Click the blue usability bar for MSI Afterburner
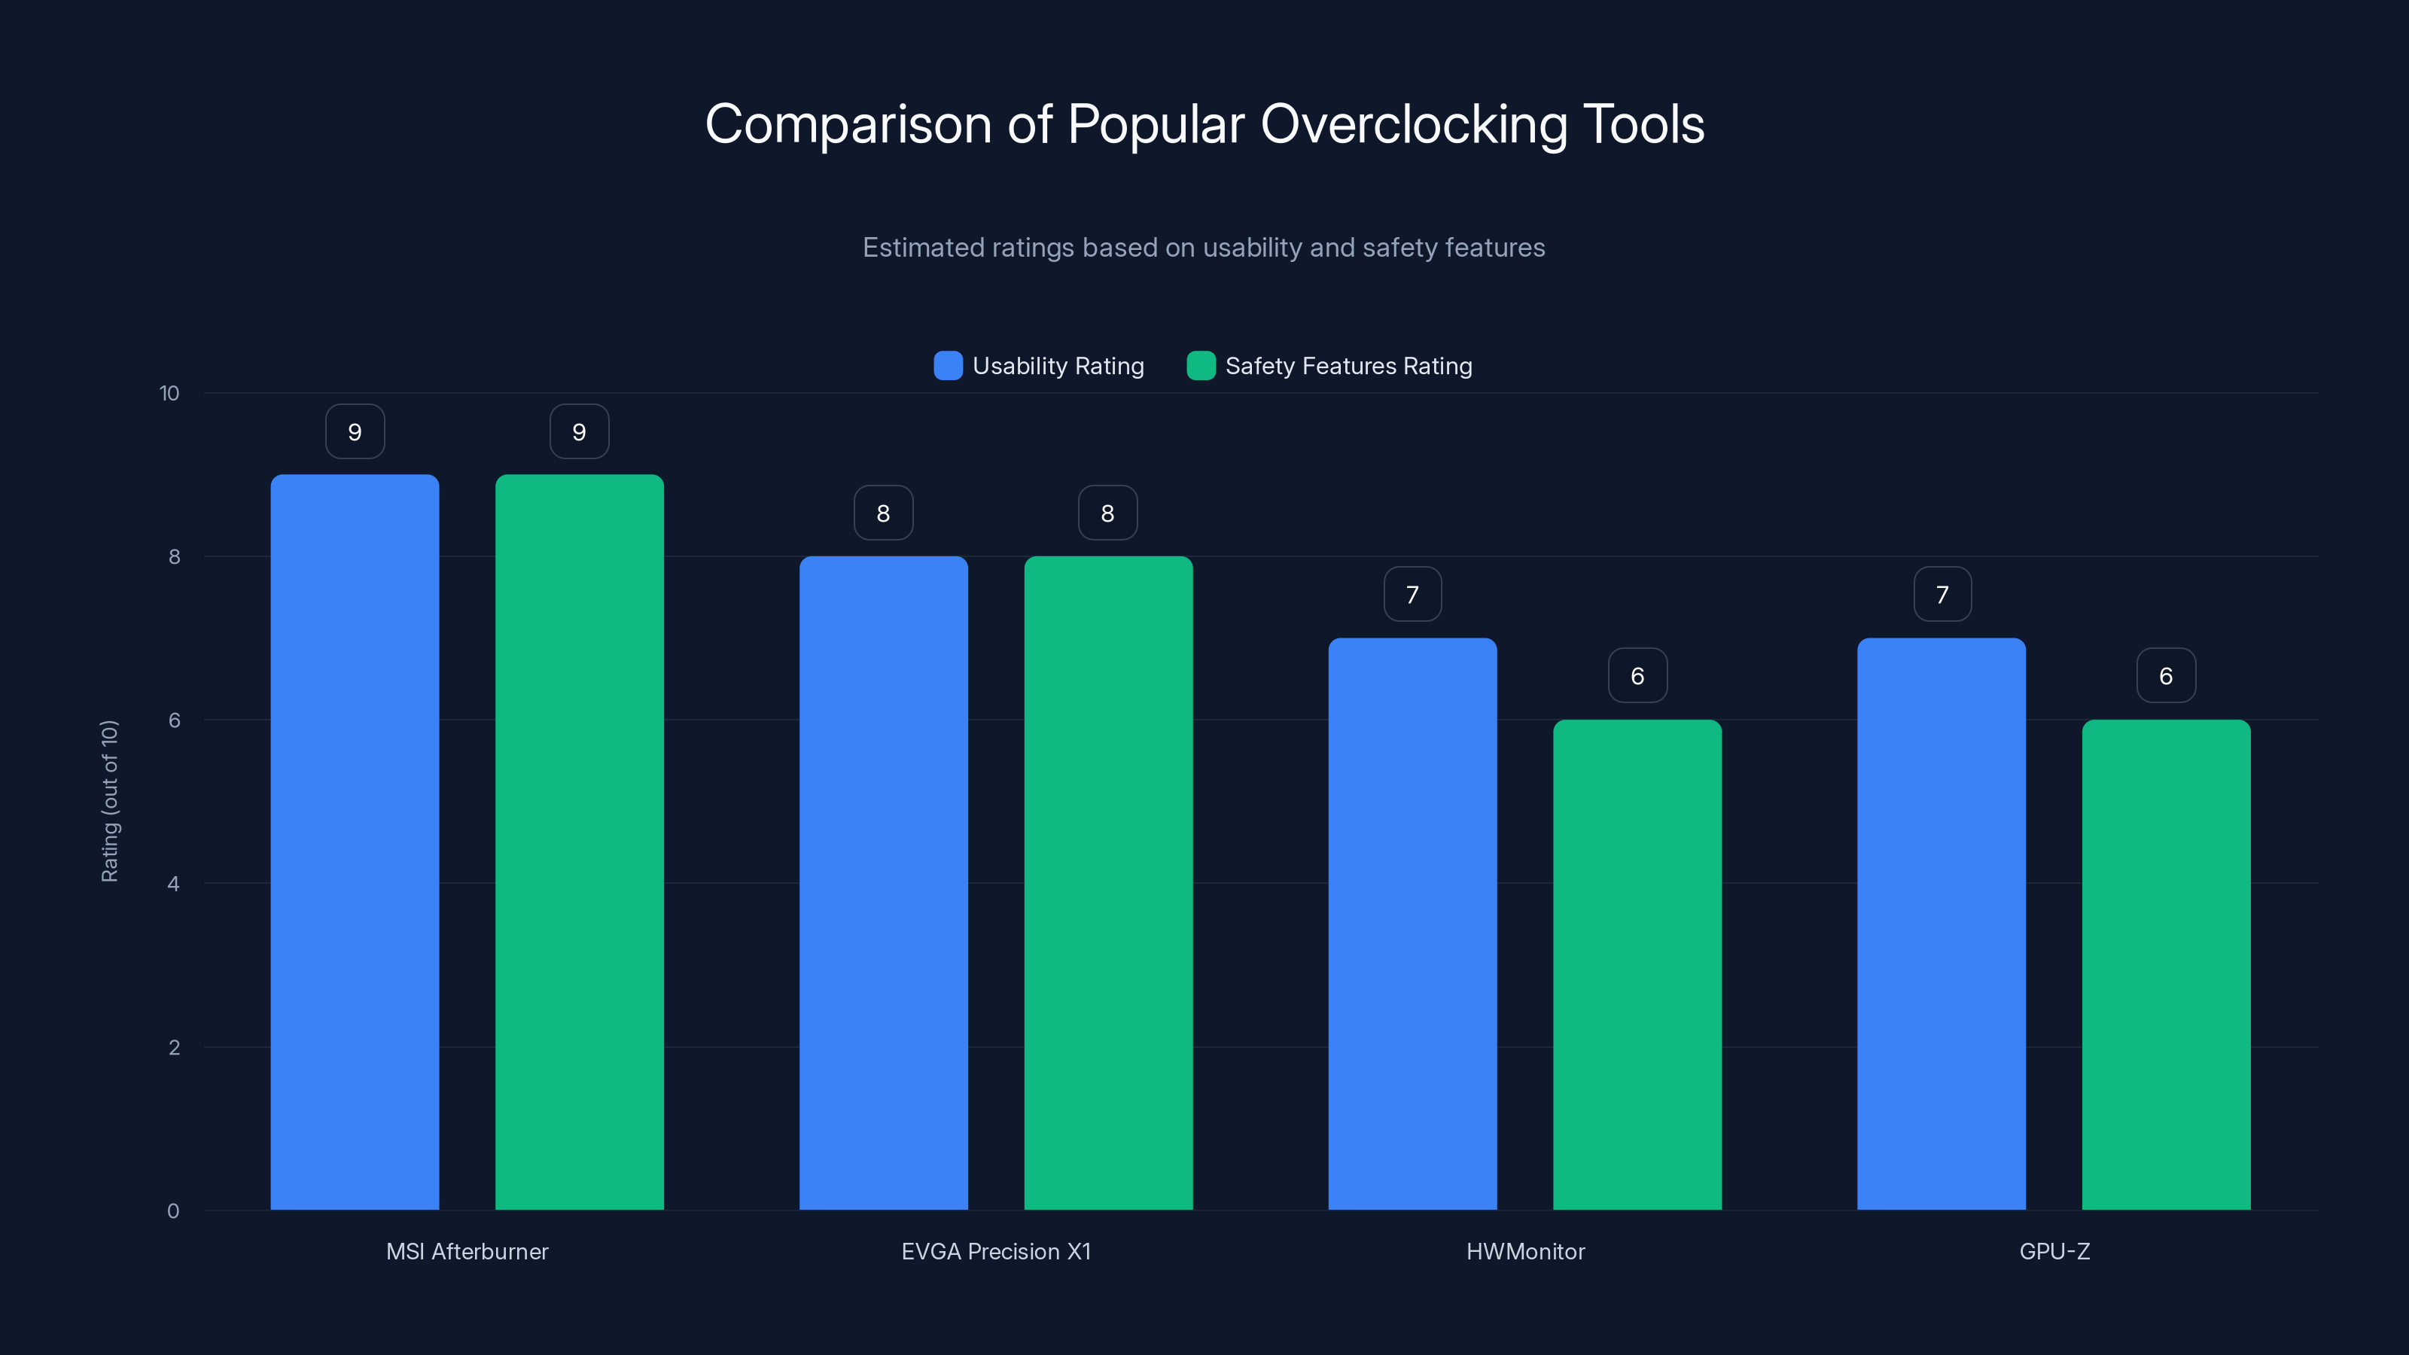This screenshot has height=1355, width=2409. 355,842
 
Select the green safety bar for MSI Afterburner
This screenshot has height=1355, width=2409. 579,842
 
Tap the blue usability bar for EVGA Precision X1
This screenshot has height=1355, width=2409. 883,883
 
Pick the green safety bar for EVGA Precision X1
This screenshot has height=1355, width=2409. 1108,883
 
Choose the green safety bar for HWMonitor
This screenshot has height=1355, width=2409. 1637,964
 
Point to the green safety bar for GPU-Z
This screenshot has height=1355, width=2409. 2166,964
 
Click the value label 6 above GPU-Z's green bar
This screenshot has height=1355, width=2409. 2166,675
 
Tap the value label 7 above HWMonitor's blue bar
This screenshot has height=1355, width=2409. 1412,594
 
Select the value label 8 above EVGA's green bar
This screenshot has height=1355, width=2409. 1107,513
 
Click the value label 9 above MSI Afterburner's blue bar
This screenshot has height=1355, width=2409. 355,431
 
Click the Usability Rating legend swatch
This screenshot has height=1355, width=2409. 947,366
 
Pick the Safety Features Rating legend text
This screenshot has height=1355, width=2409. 1348,366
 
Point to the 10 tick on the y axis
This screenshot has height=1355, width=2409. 169,393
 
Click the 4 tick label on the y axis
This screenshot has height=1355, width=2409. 173,884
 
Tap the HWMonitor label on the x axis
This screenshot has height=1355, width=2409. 1524,1251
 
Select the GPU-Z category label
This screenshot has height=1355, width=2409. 2054,1251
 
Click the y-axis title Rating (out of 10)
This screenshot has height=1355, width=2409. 109,800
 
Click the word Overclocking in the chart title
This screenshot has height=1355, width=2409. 1413,123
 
